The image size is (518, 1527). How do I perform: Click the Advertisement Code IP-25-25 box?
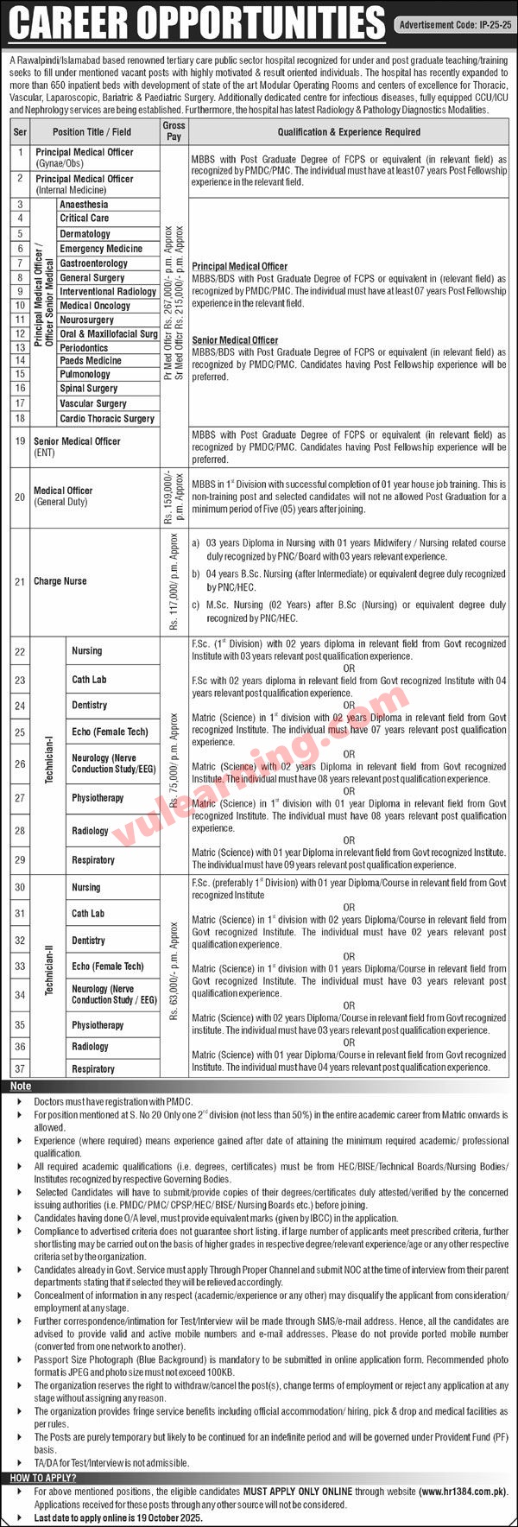(x=454, y=25)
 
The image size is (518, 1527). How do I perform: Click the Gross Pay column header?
(x=174, y=131)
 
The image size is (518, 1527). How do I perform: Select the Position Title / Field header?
(x=92, y=132)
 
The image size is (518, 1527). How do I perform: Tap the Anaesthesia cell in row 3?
(x=85, y=205)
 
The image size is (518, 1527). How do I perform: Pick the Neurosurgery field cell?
(x=87, y=320)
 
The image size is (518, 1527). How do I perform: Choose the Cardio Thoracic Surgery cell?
(x=107, y=419)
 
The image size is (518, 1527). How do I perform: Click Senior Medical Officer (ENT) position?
(x=77, y=446)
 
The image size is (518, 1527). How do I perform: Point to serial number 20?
(x=20, y=496)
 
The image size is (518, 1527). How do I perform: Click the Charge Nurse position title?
(x=60, y=581)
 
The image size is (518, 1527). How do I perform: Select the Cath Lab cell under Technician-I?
(x=89, y=680)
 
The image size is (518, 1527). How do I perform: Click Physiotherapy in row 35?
(x=98, y=1025)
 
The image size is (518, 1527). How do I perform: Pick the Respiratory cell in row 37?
(x=93, y=1069)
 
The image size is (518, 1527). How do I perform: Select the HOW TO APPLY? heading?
(x=39, y=1479)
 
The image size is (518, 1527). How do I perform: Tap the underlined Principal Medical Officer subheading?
(x=239, y=266)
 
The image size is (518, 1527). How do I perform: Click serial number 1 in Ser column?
(x=20, y=152)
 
